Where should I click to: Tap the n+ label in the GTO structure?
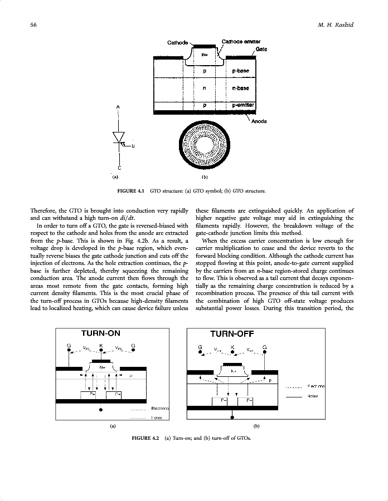205,54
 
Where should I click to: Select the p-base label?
240,71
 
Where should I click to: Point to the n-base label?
240,88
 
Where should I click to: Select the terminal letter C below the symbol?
119,168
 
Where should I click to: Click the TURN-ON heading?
101,333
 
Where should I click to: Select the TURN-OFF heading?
231,334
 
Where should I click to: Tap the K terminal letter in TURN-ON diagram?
101,345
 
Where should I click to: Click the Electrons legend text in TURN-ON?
159,409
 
